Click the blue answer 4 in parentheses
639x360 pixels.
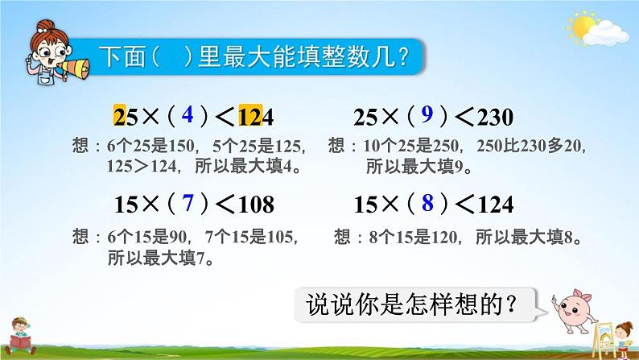(187, 114)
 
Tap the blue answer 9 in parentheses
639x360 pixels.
(427, 114)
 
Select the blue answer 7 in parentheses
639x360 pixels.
(188, 203)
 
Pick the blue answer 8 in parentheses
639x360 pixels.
(427, 203)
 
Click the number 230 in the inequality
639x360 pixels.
(495, 118)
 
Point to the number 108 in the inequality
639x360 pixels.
(257, 205)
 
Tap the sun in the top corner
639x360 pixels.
(582, 26)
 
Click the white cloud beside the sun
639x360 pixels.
(606, 34)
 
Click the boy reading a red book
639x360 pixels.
(20, 336)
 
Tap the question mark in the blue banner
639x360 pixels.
(403, 57)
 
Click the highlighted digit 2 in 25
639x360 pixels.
(119, 117)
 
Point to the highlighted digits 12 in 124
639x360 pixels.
(250, 117)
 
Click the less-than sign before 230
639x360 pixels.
(464, 118)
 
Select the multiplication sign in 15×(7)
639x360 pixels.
(150, 204)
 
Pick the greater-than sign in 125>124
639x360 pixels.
(142, 167)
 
